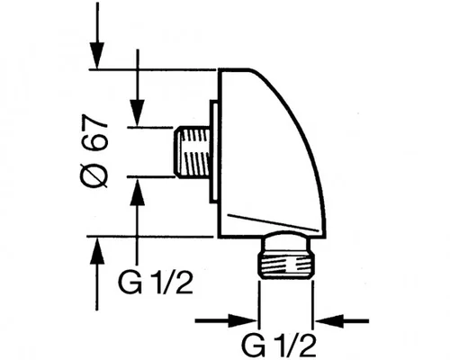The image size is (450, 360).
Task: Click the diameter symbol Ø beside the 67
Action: pos(94,176)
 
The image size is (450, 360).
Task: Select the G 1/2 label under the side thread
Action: pos(156,283)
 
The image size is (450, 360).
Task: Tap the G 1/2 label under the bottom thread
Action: pos(280,346)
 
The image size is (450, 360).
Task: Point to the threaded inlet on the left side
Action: pos(192,151)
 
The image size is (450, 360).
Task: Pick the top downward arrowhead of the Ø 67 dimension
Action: pos(97,56)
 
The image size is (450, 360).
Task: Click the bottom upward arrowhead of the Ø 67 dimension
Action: pos(97,250)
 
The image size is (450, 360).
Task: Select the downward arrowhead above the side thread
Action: pos(138,112)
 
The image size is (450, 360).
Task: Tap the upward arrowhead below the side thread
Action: pos(138,192)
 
